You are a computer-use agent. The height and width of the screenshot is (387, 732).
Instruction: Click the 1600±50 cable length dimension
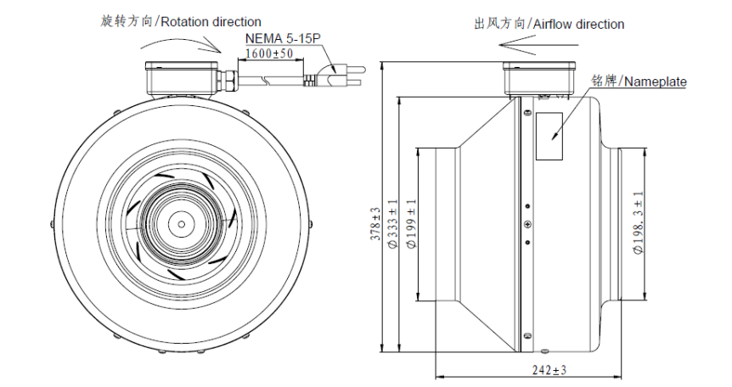(x=268, y=53)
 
